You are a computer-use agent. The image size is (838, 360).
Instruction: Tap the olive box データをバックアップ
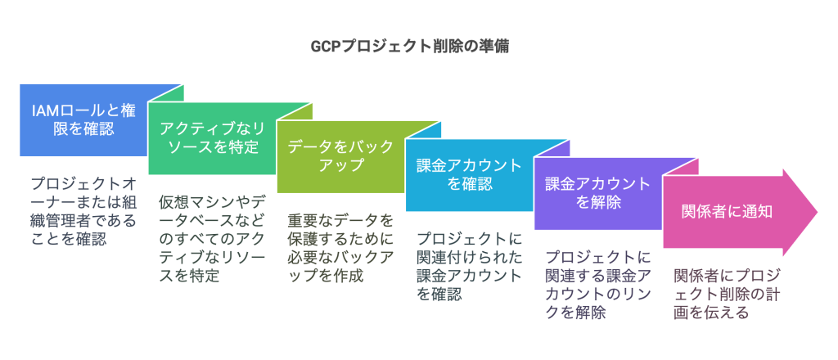[337, 155]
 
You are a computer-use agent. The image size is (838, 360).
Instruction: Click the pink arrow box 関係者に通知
[728, 211]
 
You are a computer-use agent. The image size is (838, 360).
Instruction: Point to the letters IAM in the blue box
[46, 110]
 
